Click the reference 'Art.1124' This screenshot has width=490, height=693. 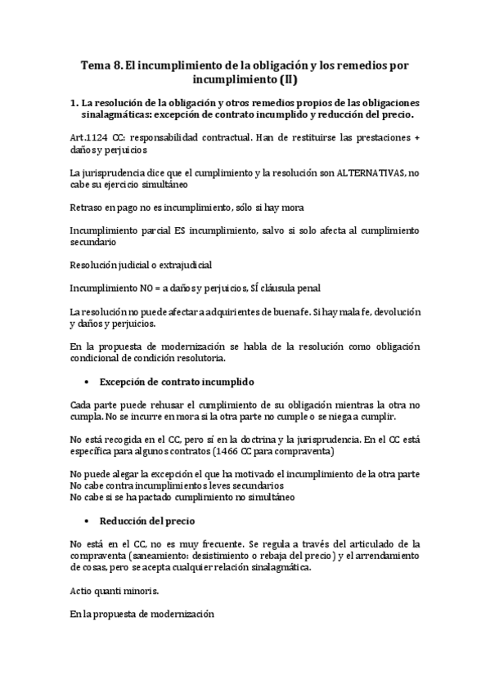90,138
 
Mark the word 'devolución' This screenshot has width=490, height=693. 396,312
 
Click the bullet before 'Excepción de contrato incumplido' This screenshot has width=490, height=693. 86,382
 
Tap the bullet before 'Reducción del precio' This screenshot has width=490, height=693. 86,521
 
